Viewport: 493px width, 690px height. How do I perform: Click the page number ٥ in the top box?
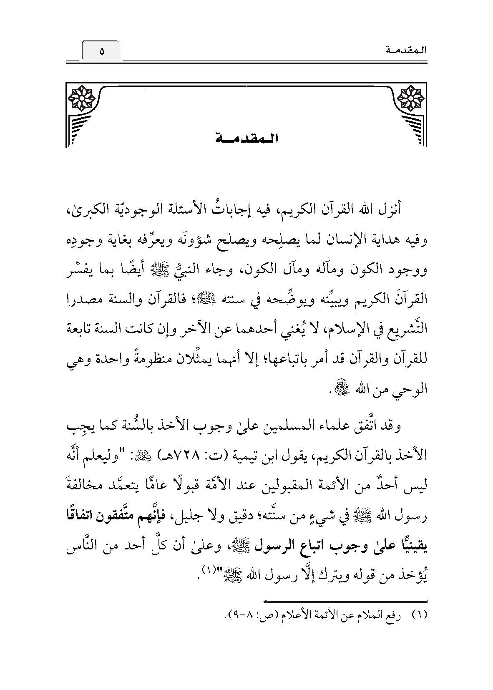[101, 52]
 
